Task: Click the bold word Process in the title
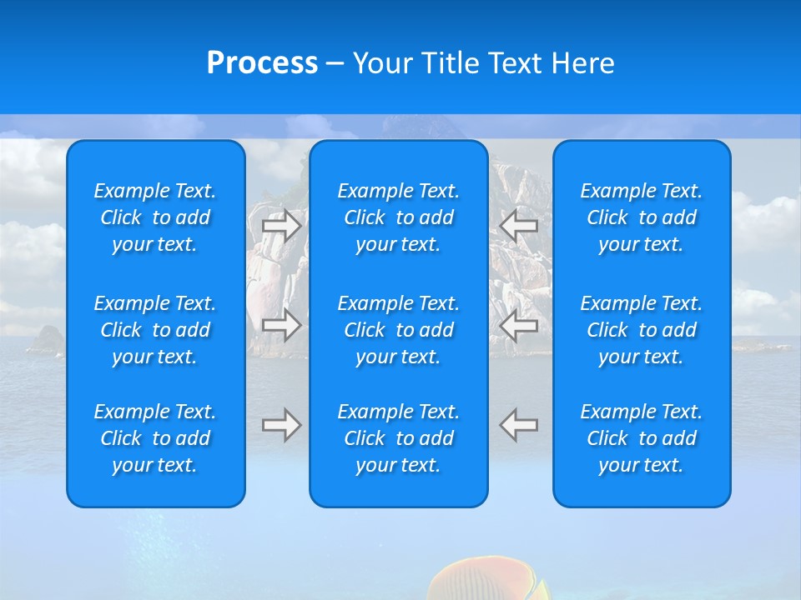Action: pyautogui.click(x=262, y=63)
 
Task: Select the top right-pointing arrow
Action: pyautogui.click(x=281, y=225)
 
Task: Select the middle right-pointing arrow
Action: pyautogui.click(x=281, y=324)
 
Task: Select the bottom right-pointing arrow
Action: pyautogui.click(x=281, y=425)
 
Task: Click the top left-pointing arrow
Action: pyautogui.click(x=519, y=225)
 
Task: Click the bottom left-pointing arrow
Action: pyautogui.click(x=519, y=425)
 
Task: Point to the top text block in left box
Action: pyautogui.click(x=155, y=217)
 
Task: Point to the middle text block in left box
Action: pyautogui.click(x=155, y=330)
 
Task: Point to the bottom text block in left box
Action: pyautogui.click(x=155, y=438)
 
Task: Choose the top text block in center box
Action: pyautogui.click(x=398, y=217)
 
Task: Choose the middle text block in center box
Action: pyautogui.click(x=398, y=330)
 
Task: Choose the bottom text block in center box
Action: pyautogui.click(x=398, y=438)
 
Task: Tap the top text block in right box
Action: pyautogui.click(x=641, y=217)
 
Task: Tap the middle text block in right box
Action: pyautogui.click(x=641, y=330)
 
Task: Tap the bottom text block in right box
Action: pyautogui.click(x=641, y=438)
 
